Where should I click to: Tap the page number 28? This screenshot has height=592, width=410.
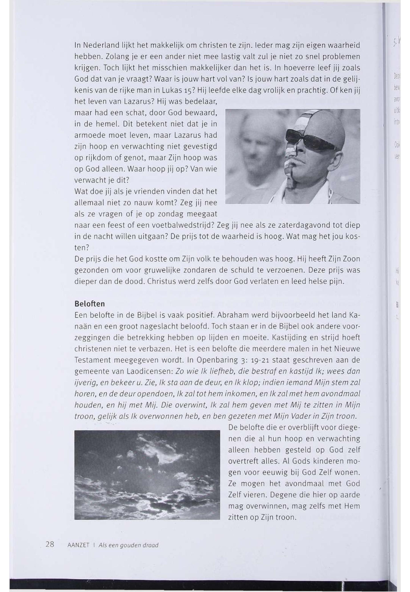(50, 544)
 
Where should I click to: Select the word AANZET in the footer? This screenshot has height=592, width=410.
(78, 545)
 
